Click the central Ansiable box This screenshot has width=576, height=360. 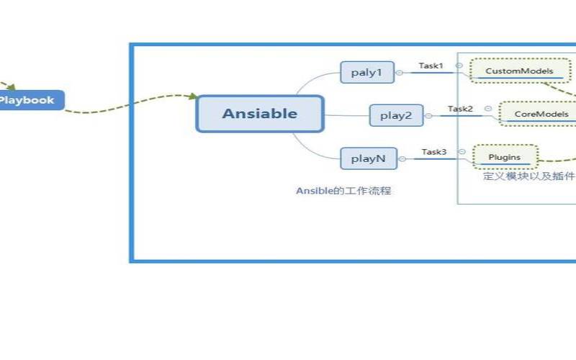click(260, 114)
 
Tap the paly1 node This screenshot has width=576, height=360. click(367, 72)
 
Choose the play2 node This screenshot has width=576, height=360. click(396, 115)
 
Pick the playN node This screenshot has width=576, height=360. click(367, 158)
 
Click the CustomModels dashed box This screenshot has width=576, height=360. click(519, 71)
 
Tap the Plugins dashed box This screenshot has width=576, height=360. click(505, 157)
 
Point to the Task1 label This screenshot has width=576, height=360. click(431, 66)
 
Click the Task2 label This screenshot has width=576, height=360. click(460, 109)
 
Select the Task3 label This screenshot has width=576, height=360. click(434, 152)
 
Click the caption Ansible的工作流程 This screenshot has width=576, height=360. click(343, 191)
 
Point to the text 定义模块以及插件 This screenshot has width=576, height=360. click(529, 176)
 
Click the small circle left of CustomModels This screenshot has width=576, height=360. click(459, 66)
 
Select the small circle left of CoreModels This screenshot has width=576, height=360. click(488, 109)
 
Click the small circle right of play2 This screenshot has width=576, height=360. click(428, 115)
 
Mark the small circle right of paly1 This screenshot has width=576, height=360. click(400, 72)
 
